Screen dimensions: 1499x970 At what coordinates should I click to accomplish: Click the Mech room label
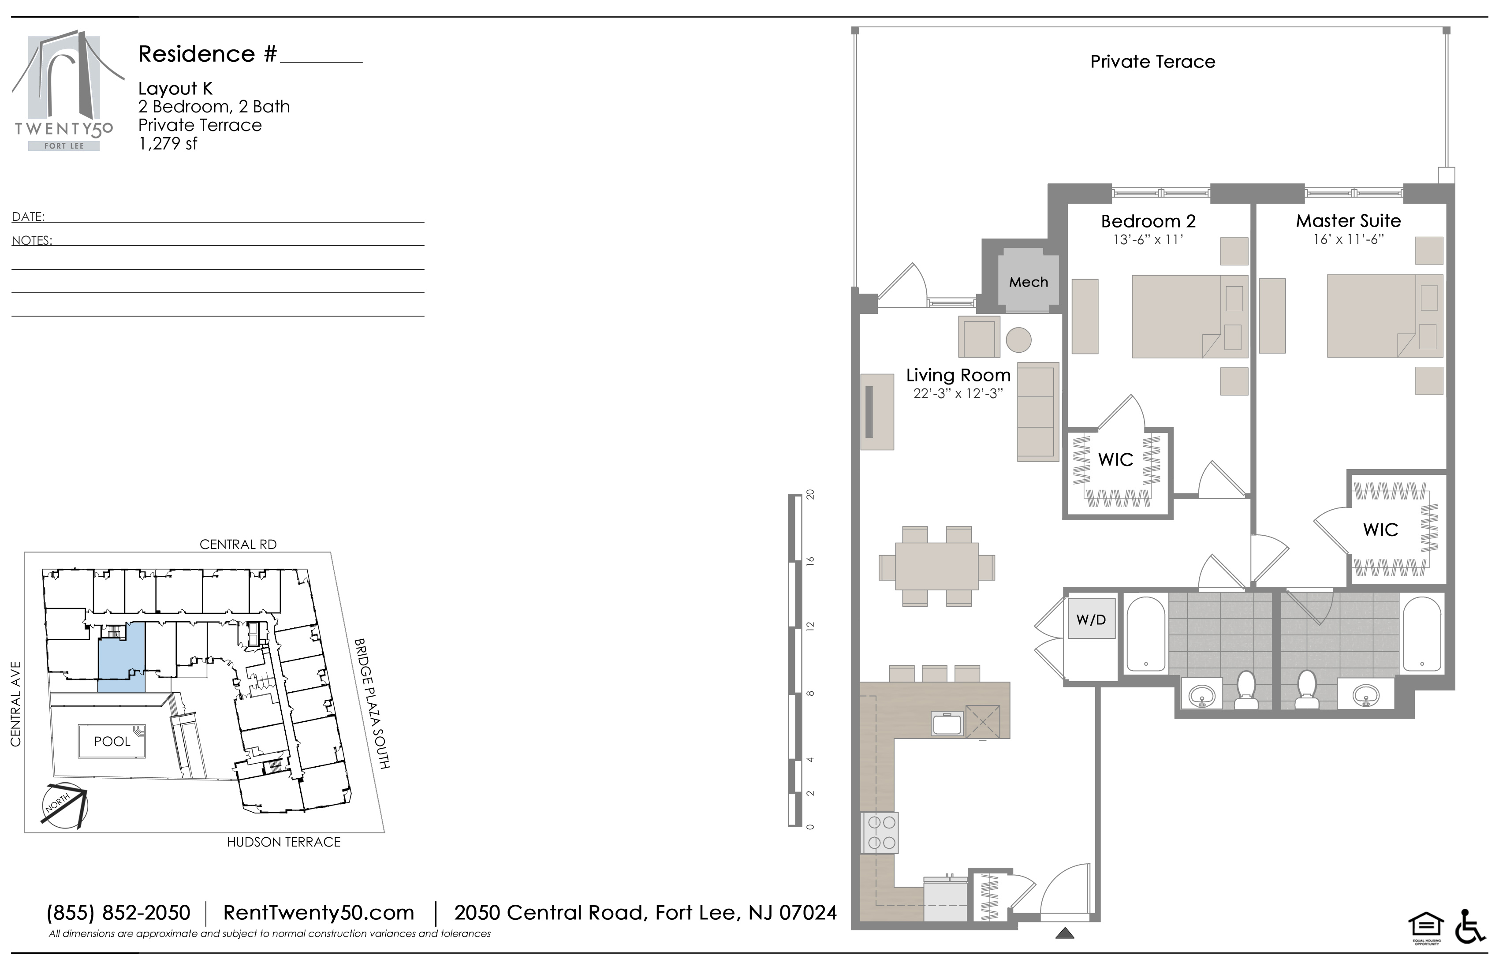tap(1029, 282)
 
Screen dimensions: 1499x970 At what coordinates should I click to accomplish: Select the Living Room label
tap(958, 375)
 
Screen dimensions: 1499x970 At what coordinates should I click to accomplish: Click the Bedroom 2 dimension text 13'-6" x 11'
tap(1148, 239)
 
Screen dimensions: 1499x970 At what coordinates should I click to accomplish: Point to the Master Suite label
tap(1349, 220)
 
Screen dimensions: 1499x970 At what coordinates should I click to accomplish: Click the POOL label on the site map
tap(112, 741)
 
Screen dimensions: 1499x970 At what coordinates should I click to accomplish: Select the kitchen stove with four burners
tap(880, 833)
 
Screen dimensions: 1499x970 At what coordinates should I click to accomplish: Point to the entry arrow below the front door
tap(1064, 933)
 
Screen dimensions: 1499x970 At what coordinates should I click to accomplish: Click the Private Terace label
tap(1152, 61)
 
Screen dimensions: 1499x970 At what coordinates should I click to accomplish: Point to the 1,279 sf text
tap(168, 144)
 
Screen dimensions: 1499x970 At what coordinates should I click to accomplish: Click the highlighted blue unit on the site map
tap(122, 657)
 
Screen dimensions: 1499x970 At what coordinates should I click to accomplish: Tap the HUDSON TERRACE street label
tap(283, 842)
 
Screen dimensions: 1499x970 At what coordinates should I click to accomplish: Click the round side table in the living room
tap(1018, 340)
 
